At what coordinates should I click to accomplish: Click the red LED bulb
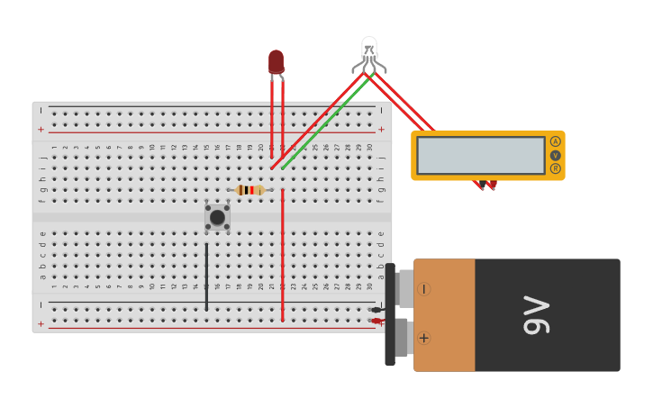276,61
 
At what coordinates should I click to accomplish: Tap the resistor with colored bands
249,190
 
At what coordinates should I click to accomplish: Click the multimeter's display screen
481,155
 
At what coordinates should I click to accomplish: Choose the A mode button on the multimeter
556,141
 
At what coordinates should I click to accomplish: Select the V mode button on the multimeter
556,155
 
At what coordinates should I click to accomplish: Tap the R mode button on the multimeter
556,168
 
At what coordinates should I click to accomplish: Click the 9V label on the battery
537,315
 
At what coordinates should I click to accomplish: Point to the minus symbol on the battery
423,289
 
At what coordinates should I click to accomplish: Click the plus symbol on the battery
423,338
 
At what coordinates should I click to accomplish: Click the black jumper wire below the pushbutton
206,275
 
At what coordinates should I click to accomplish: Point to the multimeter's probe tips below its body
486,185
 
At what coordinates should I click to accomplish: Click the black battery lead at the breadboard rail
376,310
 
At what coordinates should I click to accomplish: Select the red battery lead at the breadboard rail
376,321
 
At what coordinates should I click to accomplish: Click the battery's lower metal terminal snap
403,338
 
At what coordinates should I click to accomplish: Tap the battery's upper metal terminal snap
404,288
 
